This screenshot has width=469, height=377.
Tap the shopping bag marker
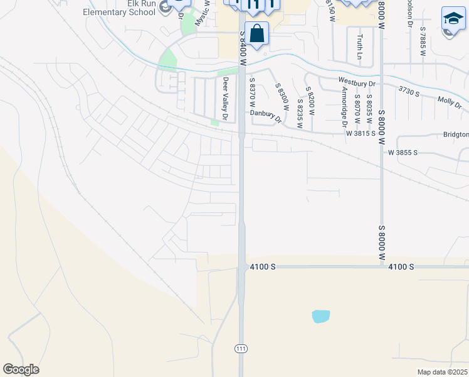coord(257,33)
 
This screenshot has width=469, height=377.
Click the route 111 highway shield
coord(241,348)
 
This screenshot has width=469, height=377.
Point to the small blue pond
coord(320,316)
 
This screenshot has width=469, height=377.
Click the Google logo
coord(21,369)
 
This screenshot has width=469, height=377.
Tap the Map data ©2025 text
coord(443,372)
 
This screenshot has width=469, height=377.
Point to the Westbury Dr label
coord(356,82)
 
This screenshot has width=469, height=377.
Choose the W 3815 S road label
coord(361,133)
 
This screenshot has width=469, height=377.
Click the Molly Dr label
coord(450,102)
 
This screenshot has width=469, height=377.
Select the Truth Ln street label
coord(360,47)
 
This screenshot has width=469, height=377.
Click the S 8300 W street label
coord(280,97)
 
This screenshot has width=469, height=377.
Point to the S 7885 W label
coord(423,43)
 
